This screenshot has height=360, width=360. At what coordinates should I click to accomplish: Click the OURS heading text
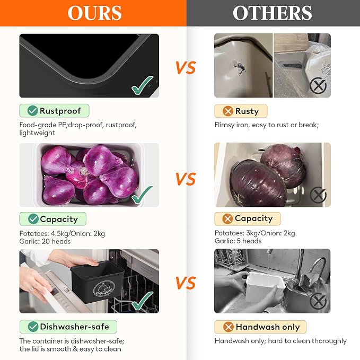pyautogui.click(x=94, y=13)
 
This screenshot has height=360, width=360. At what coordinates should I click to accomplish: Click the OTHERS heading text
pyautogui.click(x=273, y=13)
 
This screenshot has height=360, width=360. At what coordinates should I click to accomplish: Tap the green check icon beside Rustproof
pyautogui.click(x=32, y=111)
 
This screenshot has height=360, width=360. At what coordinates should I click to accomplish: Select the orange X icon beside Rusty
pyautogui.click(x=228, y=111)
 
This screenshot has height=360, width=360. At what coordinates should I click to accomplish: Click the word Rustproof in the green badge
pyautogui.click(x=60, y=111)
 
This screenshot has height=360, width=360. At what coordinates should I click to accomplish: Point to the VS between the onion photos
pyautogui.click(x=186, y=179)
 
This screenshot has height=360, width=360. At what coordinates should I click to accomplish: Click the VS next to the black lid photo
pyautogui.click(x=186, y=68)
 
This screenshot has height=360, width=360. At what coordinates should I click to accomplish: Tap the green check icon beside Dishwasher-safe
pyautogui.click(x=33, y=327)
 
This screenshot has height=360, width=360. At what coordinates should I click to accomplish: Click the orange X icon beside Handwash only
pyautogui.click(x=228, y=327)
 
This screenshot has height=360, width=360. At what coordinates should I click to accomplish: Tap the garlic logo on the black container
pyautogui.click(x=104, y=288)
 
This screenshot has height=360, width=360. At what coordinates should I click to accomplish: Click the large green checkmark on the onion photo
pyautogui.click(x=142, y=195)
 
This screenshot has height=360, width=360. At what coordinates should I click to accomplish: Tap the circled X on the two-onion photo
pyautogui.click(x=318, y=195)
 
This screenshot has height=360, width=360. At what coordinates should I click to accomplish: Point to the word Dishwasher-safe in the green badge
pyautogui.click(x=75, y=327)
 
